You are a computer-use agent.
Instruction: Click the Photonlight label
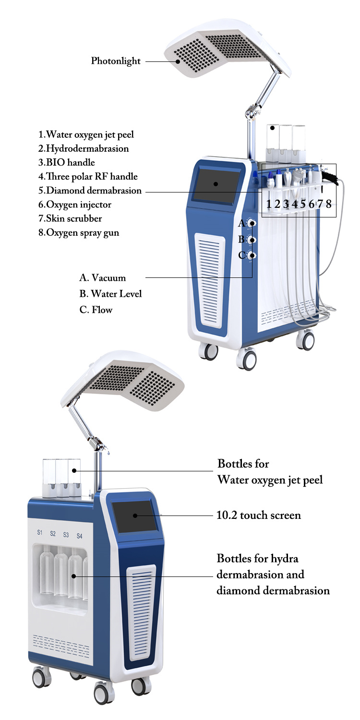point(116,61)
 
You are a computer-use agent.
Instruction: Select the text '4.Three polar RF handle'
point(88,177)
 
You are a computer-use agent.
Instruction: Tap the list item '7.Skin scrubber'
point(70,218)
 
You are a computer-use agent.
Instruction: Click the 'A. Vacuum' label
point(103,277)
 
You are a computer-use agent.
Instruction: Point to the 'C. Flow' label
point(96,310)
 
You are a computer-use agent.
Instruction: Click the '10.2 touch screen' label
point(259,516)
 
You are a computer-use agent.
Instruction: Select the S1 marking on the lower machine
point(40,532)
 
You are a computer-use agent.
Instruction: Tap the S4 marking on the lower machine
point(79,536)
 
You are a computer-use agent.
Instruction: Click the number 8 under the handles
point(329,204)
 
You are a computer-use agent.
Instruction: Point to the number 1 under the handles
point(269,204)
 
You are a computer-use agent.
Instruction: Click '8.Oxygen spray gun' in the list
point(79,233)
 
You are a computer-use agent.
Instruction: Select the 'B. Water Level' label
point(111,293)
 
